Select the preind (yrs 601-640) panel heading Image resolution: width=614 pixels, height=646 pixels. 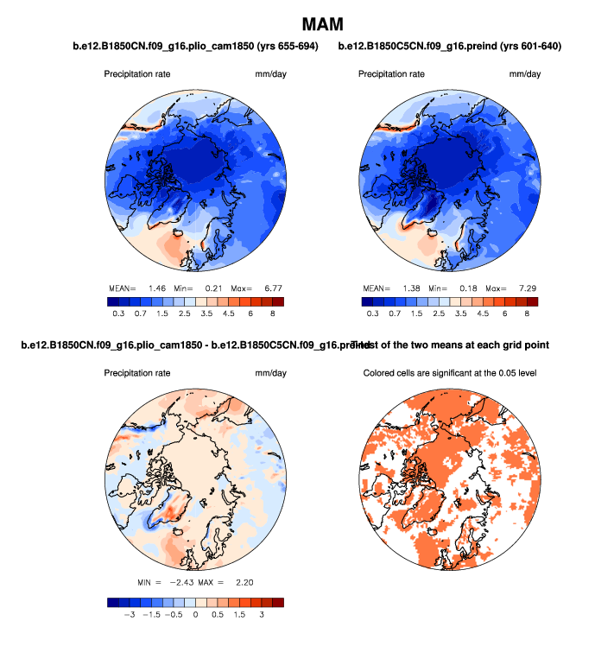point(450,47)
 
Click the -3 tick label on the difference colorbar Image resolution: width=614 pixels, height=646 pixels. point(130,615)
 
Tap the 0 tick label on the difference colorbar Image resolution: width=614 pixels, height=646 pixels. point(195,615)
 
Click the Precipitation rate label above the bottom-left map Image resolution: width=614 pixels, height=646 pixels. point(137,373)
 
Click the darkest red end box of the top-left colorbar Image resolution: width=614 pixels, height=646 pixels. point(276,301)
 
